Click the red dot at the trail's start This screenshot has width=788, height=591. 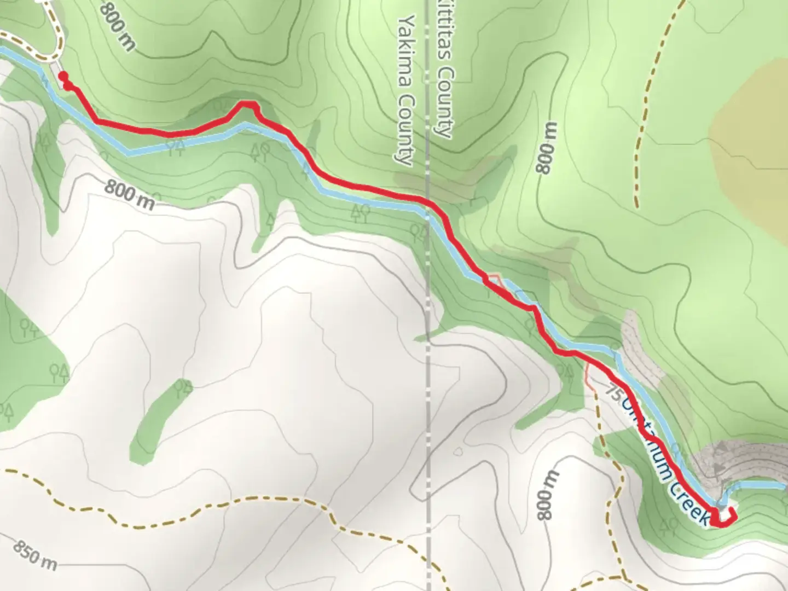point(63,76)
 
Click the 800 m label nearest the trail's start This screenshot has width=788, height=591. point(117,25)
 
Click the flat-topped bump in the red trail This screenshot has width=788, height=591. point(247,103)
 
